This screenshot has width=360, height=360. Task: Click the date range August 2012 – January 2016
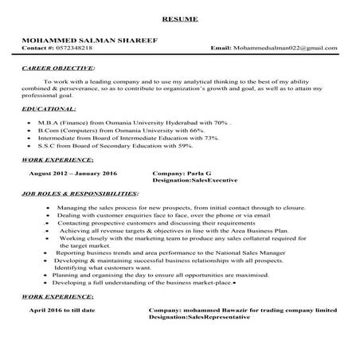click(73, 173)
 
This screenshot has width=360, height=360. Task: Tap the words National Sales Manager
click(262, 252)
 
